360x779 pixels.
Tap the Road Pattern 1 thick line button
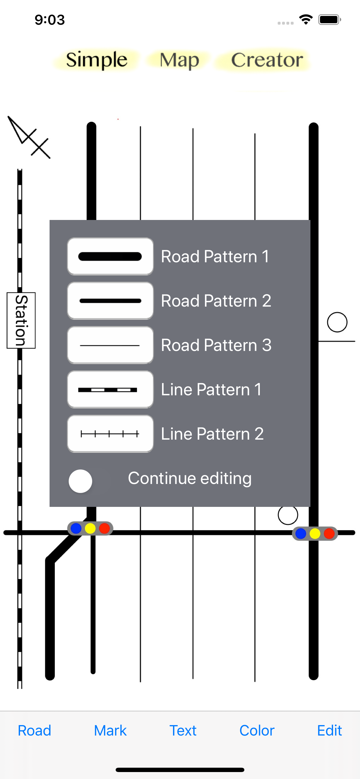[110, 256]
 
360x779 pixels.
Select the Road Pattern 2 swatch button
[110, 301]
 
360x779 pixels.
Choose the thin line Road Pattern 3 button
[110, 345]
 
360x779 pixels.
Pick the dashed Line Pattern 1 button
[110, 389]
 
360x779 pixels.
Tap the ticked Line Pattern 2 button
[110, 434]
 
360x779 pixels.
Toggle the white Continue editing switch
[81, 481]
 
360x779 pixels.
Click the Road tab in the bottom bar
[34, 731]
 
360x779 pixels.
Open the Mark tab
[110, 731]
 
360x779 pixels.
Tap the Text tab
[183, 731]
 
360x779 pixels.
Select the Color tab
[257, 731]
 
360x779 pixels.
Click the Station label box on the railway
[21, 320]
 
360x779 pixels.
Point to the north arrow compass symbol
[29, 138]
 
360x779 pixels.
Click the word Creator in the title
[267, 60]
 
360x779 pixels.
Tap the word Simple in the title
[97, 60]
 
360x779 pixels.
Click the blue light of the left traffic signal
[76, 528]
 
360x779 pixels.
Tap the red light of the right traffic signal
[329, 534]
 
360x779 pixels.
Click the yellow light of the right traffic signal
[315, 534]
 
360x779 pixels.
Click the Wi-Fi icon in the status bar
[306, 20]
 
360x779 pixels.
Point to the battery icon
[329, 20]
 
